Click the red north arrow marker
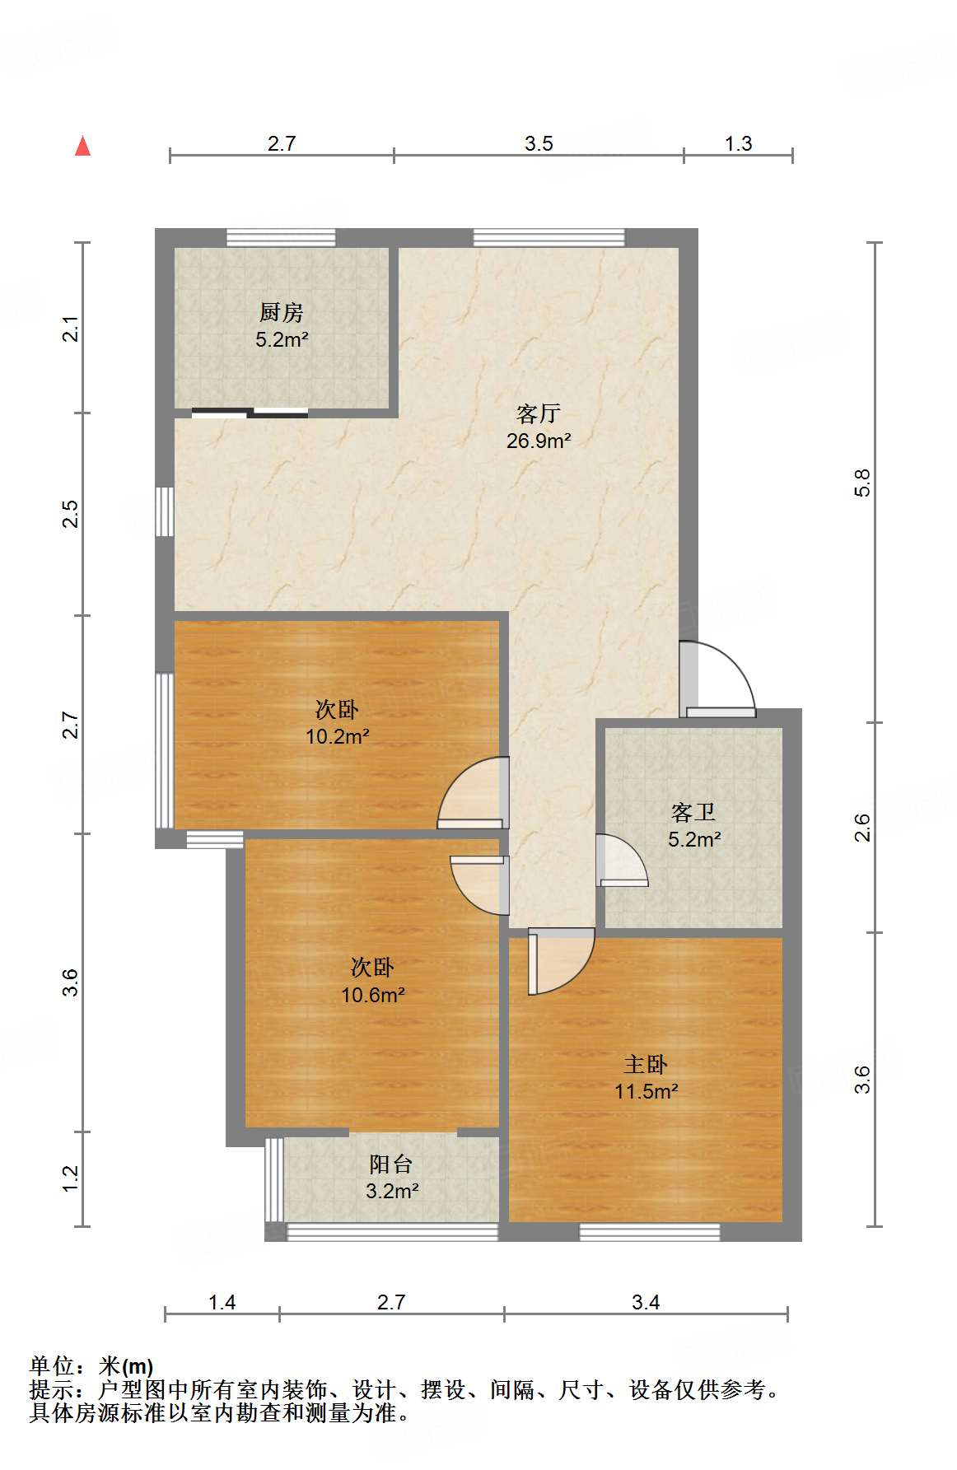pyautogui.click(x=82, y=146)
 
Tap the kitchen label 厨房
pyautogui.click(x=281, y=312)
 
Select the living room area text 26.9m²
pyautogui.click(x=539, y=441)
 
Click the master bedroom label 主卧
pyautogui.click(x=646, y=1064)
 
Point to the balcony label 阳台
pyautogui.click(x=390, y=1164)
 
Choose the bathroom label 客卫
pyautogui.click(x=693, y=813)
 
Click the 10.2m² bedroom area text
pyautogui.click(x=337, y=736)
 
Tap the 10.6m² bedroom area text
pyautogui.click(x=372, y=995)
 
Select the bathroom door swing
pyautogui.click(x=621, y=861)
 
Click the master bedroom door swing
pyautogui.click(x=560, y=960)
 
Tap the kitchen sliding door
pyautogui.click(x=250, y=413)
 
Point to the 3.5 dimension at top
pyautogui.click(x=539, y=143)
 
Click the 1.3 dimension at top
pyautogui.click(x=738, y=143)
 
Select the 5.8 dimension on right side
pyautogui.click(x=861, y=483)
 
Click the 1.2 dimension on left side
pyautogui.click(x=71, y=1178)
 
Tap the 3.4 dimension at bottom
pyautogui.click(x=646, y=1302)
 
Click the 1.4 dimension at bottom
pyautogui.click(x=222, y=1302)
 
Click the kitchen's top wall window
pyautogui.click(x=281, y=237)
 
